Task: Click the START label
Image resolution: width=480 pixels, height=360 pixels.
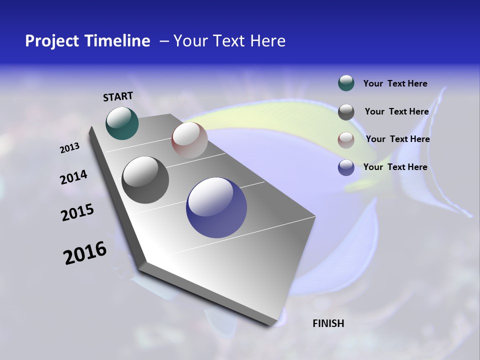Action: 118,96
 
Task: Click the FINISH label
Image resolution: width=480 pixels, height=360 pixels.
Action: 328,323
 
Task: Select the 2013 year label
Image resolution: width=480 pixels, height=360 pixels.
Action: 69,148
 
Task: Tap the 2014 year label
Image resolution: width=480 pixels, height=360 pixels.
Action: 73,177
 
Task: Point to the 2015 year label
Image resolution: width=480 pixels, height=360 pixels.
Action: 77,212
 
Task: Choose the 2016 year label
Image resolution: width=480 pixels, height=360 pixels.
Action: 85,253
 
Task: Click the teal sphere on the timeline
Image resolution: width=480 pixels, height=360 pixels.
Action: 122,123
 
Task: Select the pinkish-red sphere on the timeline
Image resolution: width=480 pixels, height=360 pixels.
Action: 189,140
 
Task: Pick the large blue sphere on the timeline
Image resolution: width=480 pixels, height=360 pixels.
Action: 216,207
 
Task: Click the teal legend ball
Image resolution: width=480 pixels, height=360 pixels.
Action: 346,83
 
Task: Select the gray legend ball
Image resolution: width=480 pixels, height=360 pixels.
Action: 346,111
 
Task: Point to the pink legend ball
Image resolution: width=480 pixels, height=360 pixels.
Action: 346,140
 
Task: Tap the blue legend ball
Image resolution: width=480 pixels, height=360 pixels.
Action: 346,168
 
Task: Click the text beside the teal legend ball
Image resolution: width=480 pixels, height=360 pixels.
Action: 395,83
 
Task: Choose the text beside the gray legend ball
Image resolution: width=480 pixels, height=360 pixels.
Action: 396,111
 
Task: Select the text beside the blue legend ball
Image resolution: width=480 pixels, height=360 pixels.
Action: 395,167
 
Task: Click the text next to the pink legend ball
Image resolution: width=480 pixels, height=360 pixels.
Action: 397,139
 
